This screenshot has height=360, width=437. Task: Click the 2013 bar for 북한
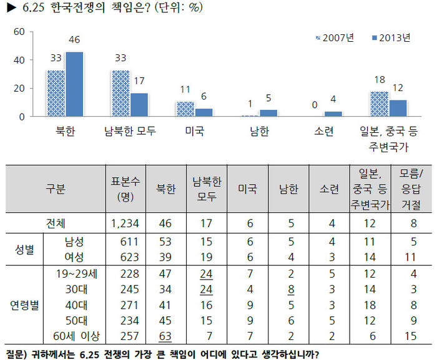coord(74,84)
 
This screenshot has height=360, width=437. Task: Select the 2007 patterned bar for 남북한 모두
coord(120,93)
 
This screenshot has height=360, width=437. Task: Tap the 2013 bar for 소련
coord(333,114)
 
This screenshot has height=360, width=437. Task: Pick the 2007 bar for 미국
coord(185,109)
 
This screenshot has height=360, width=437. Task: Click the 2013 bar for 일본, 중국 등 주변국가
coord(398,108)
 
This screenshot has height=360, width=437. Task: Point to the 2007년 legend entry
coord(335,38)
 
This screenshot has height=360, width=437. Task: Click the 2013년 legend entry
coord(391,38)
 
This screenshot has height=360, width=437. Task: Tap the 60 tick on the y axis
coord(19,32)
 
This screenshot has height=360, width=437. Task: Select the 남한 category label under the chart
coord(259,131)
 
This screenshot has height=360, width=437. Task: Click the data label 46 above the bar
coord(74,40)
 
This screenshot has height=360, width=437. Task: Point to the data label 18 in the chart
coord(380,80)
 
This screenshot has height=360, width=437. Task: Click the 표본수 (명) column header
coord(125,189)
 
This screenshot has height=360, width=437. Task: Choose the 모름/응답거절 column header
coord(411,189)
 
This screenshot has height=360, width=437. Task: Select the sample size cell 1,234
coord(125,223)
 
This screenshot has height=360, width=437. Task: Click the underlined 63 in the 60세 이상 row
coord(165,336)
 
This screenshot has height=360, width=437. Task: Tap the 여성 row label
coord(74,257)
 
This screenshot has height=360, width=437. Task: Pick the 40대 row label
coord(76,305)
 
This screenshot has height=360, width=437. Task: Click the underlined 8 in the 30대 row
coord(291,289)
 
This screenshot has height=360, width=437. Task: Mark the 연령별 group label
coord(24,305)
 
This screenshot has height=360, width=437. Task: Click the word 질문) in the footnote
coord(16,354)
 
